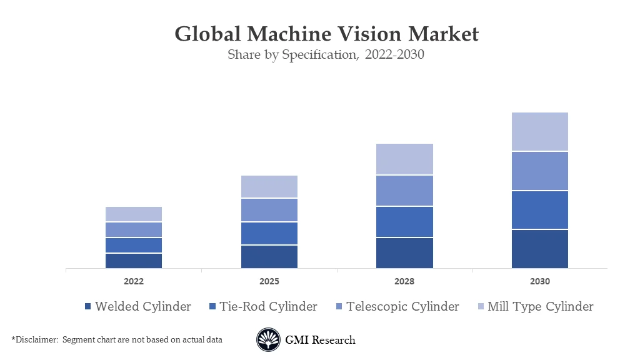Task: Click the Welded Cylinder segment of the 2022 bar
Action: tap(134, 261)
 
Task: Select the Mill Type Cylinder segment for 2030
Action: tap(540, 132)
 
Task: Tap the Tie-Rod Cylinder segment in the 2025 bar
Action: tap(269, 233)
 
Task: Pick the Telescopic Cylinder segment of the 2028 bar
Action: tap(404, 191)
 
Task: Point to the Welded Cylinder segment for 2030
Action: tap(540, 249)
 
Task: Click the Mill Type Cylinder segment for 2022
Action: tap(134, 214)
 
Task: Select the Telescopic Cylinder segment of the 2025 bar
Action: tap(269, 210)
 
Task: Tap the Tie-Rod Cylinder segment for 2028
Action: tap(404, 222)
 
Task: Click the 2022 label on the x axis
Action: tap(134, 281)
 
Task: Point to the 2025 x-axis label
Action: tap(269, 281)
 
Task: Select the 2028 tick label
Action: tap(404, 281)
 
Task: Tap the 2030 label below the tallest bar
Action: tap(540, 281)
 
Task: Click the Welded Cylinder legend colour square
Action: tap(88, 307)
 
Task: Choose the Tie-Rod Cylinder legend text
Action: tap(268, 306)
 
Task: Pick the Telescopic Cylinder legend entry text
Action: tap(402, 306)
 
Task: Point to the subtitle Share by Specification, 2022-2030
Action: tap(326, 55)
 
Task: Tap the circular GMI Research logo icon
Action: tap(268, 340)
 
